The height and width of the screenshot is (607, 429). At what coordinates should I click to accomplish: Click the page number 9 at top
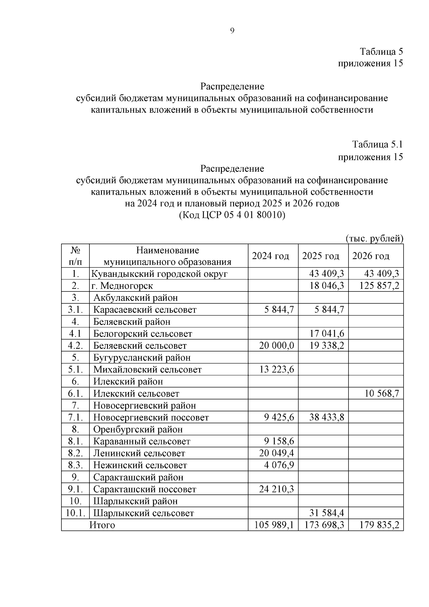coord(232,31)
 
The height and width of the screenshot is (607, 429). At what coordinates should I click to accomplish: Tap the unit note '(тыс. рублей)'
coord(374,239)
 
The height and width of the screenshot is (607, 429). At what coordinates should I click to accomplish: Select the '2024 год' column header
coord(271,256)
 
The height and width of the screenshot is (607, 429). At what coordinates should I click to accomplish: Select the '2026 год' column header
coord(371,256)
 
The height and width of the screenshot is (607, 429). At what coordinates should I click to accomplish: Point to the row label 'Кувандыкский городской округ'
coord(159,274)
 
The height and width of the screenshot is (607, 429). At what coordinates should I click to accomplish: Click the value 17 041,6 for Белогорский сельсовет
coord(327,334)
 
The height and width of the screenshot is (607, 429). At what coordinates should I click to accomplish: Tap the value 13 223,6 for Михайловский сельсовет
coord(276,369)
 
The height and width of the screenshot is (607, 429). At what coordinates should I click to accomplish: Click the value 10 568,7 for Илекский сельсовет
coord(381,394)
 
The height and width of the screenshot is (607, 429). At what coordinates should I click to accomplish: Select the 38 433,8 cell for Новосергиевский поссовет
coord(327,417)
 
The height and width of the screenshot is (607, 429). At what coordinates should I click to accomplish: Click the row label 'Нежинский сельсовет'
coord(140,465)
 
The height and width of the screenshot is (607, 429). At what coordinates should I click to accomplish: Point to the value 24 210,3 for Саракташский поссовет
coord(276,489)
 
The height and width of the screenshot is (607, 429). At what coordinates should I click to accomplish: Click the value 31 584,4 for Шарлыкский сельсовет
coord(327,513)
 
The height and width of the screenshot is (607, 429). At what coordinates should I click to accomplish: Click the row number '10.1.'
coord(75,513)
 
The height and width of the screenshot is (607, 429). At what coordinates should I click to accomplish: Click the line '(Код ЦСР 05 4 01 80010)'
coord(232,215)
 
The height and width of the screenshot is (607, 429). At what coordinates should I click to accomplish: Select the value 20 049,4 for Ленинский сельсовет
coord(276,454)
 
